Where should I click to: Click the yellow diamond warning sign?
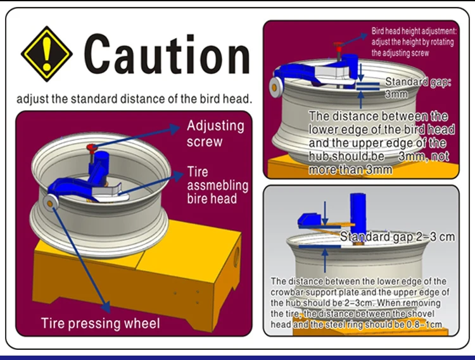tap(47, 53)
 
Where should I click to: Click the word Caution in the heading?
tap(167, 54)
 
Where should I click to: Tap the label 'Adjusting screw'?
tap(215, 132)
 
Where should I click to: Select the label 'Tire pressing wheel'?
tap(100, 323)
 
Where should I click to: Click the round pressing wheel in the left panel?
tap(50, 202)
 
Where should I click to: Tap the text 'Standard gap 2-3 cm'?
tap(398, 237)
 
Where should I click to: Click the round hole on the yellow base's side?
tap(238, 256)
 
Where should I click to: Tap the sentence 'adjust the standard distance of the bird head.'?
tap(135, 99)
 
